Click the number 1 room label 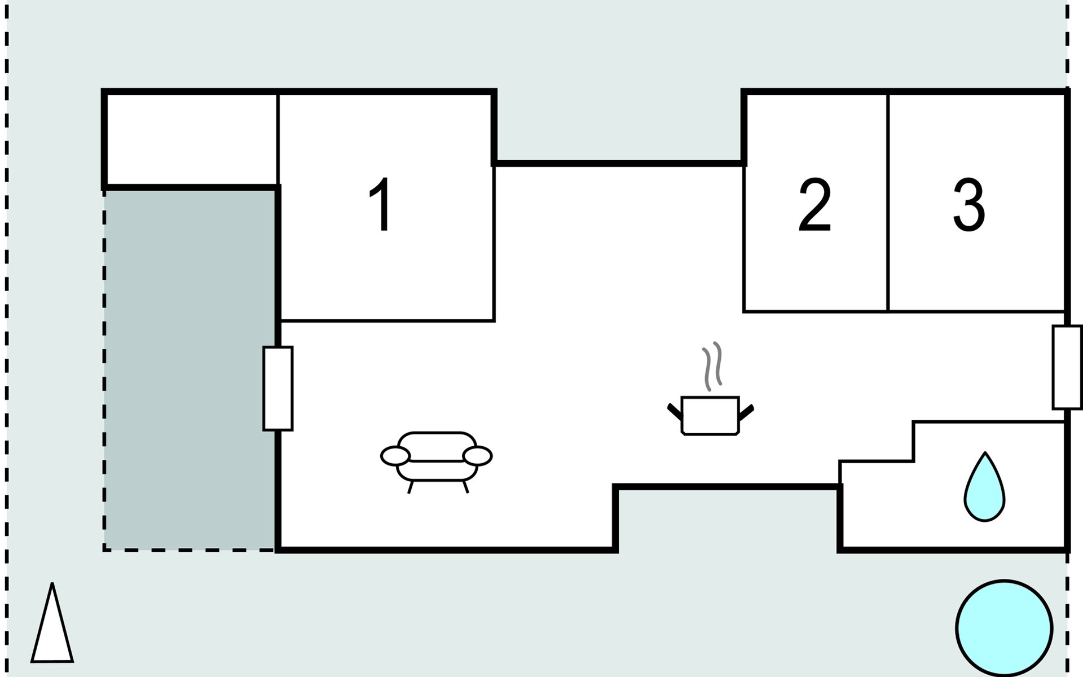coord(381,204)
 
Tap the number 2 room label coord(815,204)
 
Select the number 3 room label coord(969,204)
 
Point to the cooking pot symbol coord(710,416)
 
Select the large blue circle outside coord(1004,628)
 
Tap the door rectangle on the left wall coord(278,389)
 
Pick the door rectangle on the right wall coord(1067,367)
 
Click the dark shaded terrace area coord(190,370)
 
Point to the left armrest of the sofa coord(395,456)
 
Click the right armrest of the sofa coord(477,456)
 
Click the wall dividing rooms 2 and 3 coord(888,202)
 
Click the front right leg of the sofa coord(465,487)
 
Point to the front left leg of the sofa coord(411,487)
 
